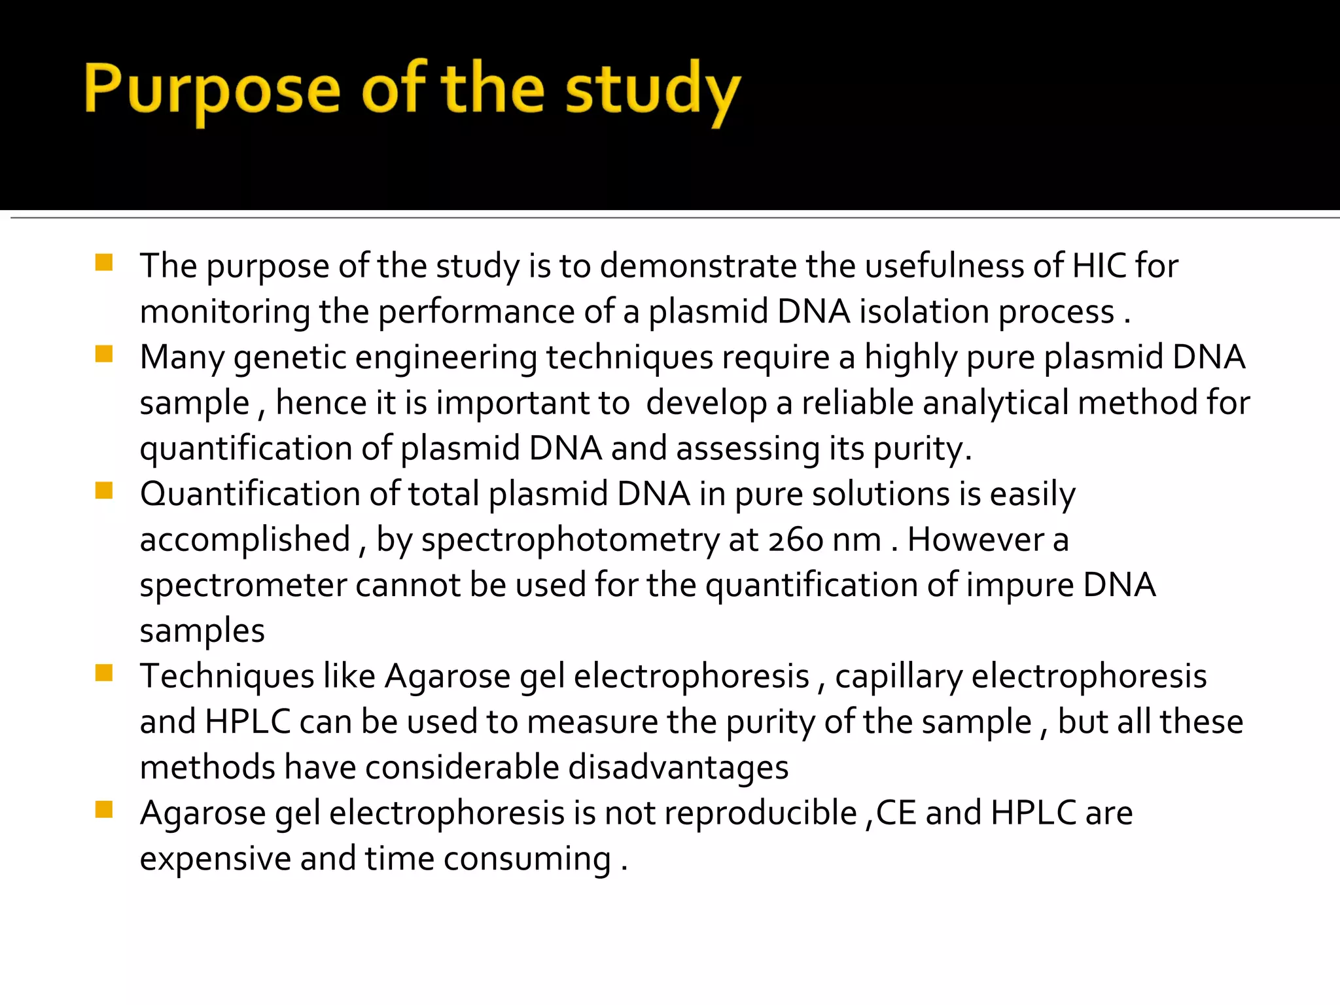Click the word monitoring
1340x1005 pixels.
[224, 311]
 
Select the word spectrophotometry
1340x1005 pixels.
[570, 541]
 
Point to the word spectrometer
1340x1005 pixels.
[243, 585]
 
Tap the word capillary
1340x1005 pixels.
[898, 677]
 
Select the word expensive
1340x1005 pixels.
[215, 859]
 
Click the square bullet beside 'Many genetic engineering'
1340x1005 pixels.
[104, 354]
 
